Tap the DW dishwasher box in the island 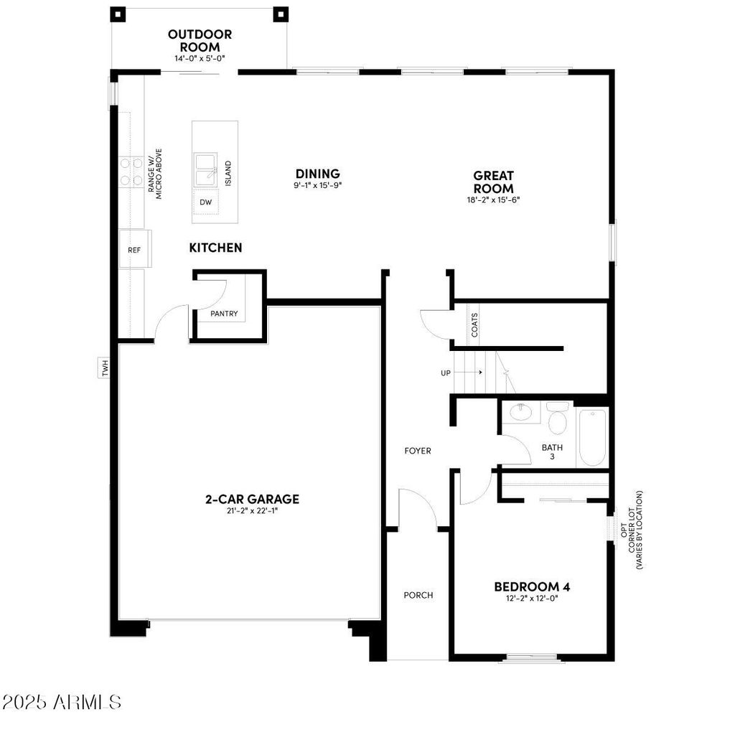206,202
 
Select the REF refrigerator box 134,250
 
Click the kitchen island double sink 206,169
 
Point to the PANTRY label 224,314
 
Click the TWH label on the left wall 106,369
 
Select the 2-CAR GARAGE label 252,500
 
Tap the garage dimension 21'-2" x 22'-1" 252,512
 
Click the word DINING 317,174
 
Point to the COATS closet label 474,324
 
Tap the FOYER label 418,451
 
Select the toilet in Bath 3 557,418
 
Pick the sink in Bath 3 520,412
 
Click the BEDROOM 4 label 532,586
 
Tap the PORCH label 418,595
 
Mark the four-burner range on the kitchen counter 131,172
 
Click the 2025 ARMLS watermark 62,701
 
